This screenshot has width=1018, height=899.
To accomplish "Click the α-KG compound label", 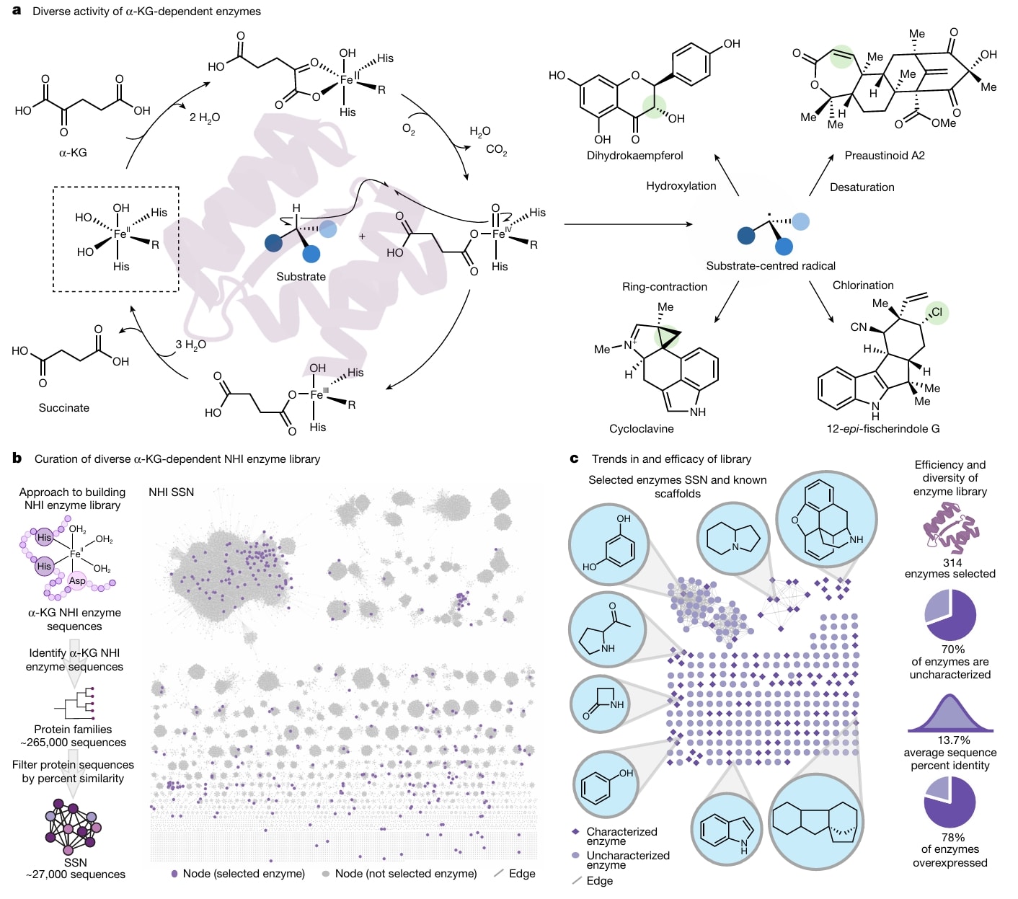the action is point(73,152).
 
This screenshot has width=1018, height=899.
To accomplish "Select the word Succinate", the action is point(64,407).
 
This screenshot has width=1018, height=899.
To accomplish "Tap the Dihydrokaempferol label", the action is point(634,155).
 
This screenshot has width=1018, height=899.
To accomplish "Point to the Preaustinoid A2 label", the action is point(885,155).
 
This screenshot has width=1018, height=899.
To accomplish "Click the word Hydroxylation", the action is point(681,186).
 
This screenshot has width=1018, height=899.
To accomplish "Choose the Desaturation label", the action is point(862,187).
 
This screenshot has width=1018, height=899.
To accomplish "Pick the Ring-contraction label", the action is point(664,286).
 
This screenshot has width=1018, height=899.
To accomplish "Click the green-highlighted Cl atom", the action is point(937,312).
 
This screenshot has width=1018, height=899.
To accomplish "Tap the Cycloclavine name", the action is point(641,429).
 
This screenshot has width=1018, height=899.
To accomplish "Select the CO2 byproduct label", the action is point(497,149).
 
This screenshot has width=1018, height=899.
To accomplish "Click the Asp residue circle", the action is point(77,581).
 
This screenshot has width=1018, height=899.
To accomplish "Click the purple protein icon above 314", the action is point(951,530).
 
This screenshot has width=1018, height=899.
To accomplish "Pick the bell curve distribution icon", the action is point(950,714).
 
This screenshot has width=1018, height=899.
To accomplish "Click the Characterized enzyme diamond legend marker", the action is point(576,832).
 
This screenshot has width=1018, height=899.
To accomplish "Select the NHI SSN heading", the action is point(171,492).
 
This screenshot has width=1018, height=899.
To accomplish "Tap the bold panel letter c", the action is point(574,459).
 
